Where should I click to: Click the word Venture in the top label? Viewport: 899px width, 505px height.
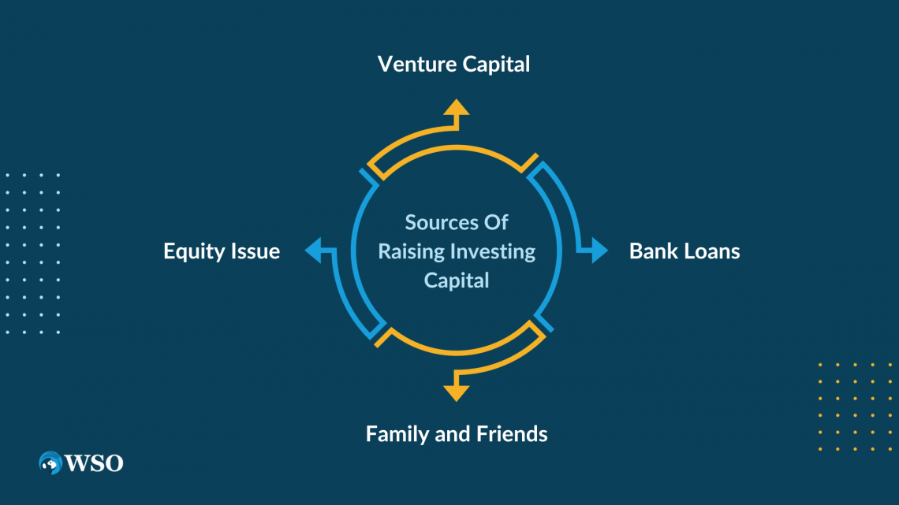point(416,64)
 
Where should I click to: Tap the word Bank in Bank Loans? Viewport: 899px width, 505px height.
point(653,251)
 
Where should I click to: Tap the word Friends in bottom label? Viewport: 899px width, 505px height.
point(512,433)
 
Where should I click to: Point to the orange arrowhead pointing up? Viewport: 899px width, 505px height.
point(455,109)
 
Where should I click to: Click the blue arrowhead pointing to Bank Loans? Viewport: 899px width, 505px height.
point(599,251)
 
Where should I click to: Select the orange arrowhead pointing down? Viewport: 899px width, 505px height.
point(455,392)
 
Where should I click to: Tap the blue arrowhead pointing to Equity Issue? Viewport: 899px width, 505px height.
point(314,251)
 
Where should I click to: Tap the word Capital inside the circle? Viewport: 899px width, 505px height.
point(457,280)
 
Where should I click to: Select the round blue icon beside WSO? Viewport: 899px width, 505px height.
point(50,462)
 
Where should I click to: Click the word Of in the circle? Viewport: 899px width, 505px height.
point(496,223)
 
